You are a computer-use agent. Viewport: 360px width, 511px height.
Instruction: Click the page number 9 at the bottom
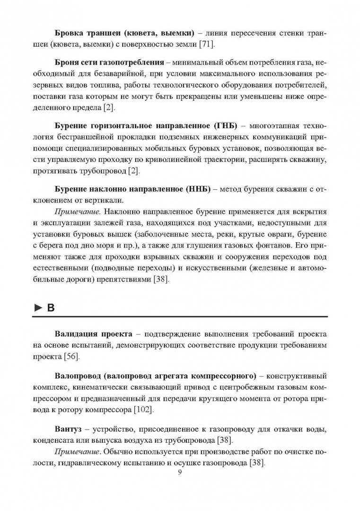pos(180,472)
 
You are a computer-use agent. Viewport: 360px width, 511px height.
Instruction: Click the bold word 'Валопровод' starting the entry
pos(79,377)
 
